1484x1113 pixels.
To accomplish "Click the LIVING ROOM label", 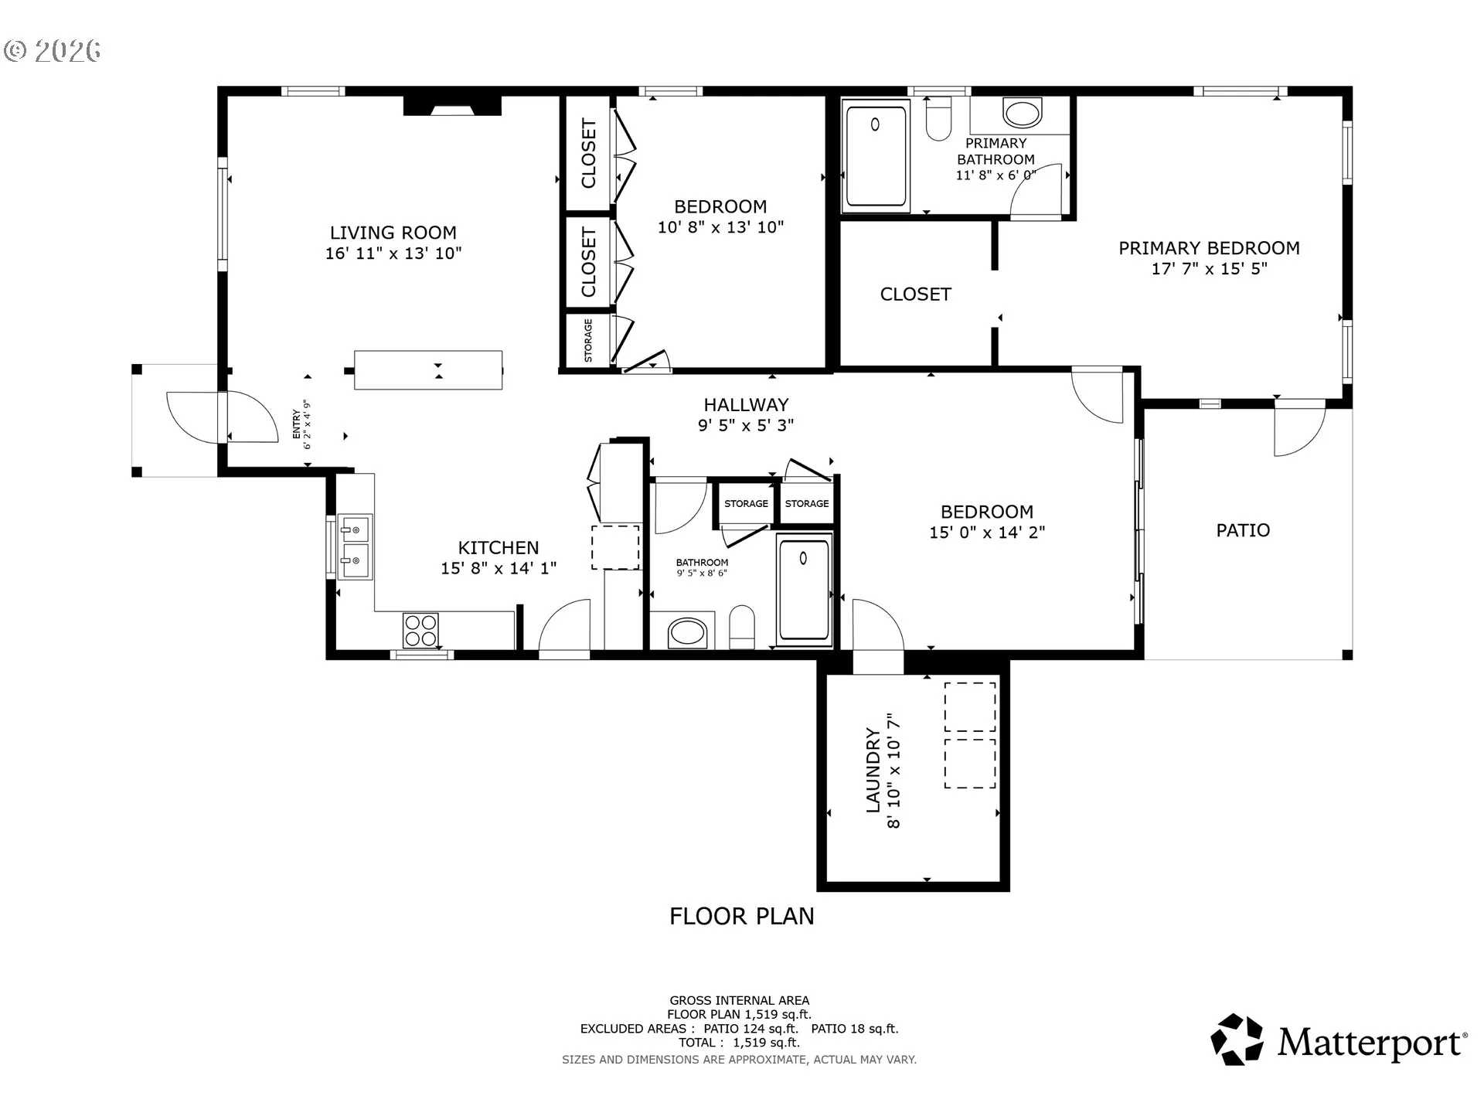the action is pos(393,233).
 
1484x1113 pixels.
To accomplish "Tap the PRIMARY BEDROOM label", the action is pos(1209,248).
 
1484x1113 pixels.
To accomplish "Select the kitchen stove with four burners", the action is pos(420,630).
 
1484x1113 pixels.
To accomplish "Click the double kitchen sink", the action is pos(355,546).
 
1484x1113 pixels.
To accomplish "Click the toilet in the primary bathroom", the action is pos(938,118).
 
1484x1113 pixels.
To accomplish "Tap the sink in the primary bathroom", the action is pos(1022,112).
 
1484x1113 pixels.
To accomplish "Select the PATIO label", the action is pos(1243,530).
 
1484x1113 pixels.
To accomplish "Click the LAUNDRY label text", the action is pos(873,770).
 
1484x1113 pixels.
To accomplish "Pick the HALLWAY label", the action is pos(746,404).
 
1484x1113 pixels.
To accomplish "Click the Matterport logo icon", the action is pos(1237,1040).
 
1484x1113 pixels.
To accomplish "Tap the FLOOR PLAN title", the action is pos(742,916).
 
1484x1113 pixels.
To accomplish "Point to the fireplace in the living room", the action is pos(452,105).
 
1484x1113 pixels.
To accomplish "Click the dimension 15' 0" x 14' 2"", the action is pos(987,533).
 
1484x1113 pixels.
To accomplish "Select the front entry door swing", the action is pos(251,417).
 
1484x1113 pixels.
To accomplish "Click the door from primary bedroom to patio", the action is pos(1300,430).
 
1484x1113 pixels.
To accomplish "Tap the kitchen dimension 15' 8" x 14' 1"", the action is pos(499,568).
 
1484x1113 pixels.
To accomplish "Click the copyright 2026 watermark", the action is pos(53,51).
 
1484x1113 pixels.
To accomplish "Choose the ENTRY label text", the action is pos(296,424).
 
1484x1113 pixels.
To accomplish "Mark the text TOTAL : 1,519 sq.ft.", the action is pos(740,1043).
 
